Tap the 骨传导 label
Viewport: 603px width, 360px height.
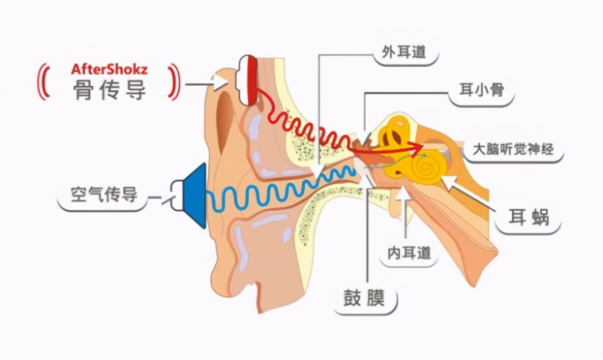click(109, 90)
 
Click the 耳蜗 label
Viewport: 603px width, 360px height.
click(528, 217)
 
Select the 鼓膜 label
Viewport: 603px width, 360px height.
click(364, 299)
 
